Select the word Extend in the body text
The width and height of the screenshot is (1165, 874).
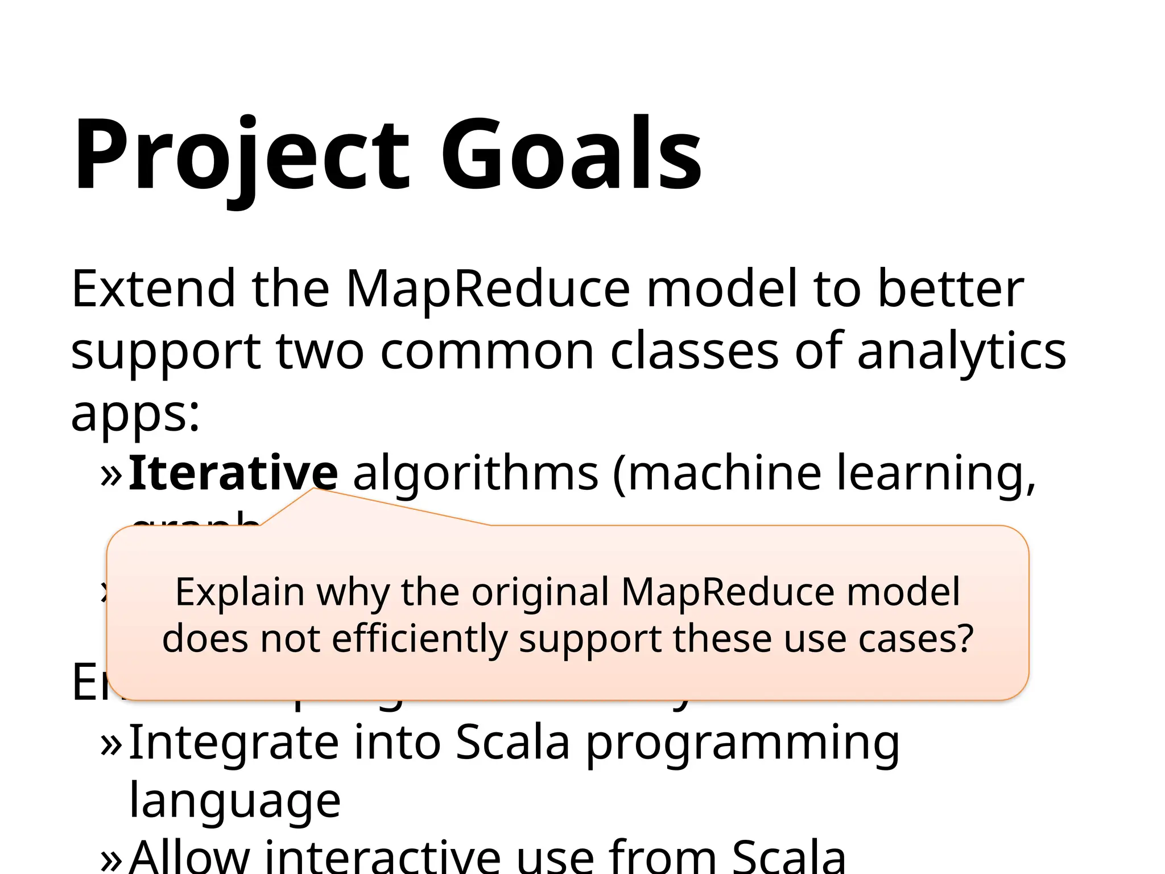[x=153, y=288]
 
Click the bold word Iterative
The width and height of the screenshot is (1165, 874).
[x=233, y=472]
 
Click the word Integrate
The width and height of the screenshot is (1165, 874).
[x=233, y=743]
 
